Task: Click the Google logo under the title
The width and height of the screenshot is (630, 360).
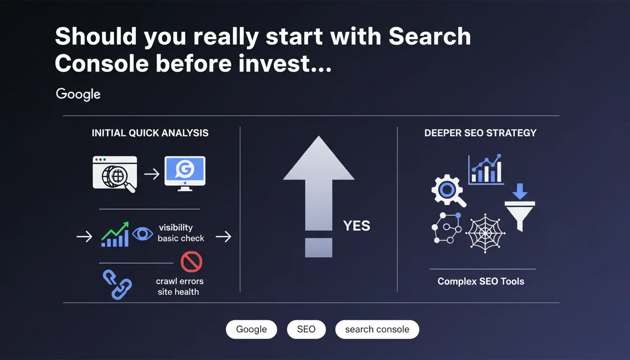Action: (x=78, y=94)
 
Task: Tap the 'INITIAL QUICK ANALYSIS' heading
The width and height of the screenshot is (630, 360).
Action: (x=150, y=133)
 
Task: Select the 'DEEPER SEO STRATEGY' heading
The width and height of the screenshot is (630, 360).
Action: (x=480, y=133)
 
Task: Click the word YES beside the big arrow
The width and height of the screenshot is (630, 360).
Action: (x=357, y=226)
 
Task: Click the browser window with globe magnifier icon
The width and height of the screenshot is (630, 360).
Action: (x=115, y=174)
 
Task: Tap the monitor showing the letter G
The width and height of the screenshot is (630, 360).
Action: (x=185, y=173)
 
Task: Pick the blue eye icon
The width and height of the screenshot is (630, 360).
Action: (x=142, y=233)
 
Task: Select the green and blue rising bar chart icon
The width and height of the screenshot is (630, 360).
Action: (x=115, y=234)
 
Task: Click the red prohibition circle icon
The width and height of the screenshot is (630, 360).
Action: (x=191, y=262)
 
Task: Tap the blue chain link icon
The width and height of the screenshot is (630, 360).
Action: (x=117, y=285)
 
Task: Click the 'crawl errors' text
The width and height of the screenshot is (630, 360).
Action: (x=180, y=281)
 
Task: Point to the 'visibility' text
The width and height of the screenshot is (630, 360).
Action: (x=176, y=227)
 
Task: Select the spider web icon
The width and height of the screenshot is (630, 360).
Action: (x=485, y=233)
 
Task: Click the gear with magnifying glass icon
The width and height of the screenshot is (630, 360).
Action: (x=448, y=190)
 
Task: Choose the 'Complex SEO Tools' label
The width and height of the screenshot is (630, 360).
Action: (x=481, y=282)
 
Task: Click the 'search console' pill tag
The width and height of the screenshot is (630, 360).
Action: (x=377, y=330)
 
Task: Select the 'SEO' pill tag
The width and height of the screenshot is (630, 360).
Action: (x=306, y=330)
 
